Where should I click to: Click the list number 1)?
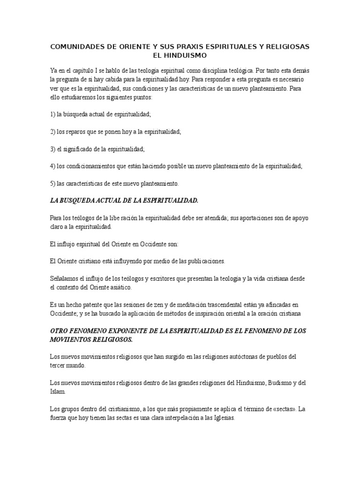52,113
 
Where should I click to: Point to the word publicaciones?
207,261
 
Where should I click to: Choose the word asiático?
119,287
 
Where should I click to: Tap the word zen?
165,305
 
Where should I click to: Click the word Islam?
59,391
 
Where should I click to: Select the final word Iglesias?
221,417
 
